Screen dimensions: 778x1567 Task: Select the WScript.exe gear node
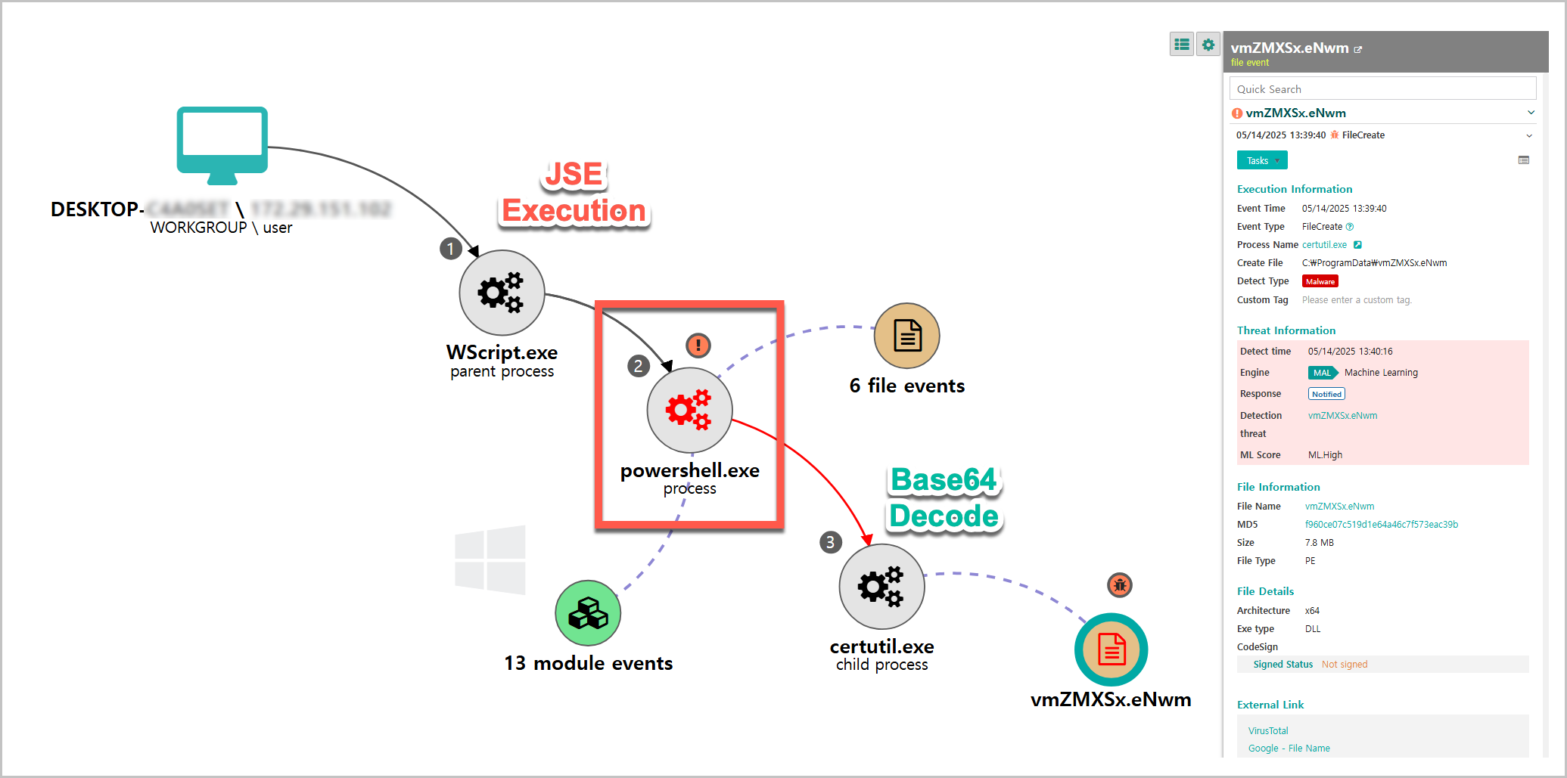[x=502, y=293]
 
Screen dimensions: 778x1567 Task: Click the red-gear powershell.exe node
[x=689, y=410]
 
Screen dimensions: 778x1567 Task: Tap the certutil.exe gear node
[x=881, y=586]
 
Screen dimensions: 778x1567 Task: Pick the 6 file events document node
[x=906, y=336]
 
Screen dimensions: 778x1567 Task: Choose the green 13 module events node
[x=588, y=612]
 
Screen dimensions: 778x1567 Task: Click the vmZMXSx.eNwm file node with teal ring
[x=1111, y=649]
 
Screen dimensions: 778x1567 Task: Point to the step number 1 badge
[x=451, y=249]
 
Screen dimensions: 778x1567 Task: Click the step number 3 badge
[x=830, y=542]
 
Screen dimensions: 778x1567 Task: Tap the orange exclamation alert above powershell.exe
[x=698, y=346]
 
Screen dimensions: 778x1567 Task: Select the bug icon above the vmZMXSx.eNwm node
[x=1120, y=584]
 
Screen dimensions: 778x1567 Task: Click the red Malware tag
[x=1320, y=281]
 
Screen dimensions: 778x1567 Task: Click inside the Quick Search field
[x=1382, y=89]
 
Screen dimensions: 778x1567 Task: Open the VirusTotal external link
[x=1268, y=730]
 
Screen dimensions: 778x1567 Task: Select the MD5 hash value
[x=1381, y=524]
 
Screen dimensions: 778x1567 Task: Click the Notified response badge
[x=1326, y=394]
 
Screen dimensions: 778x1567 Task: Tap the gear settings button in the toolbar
[x=1208, y=45]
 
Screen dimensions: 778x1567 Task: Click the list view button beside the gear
[x=1182, y=45]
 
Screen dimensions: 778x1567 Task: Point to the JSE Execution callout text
[x=574, y=194]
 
